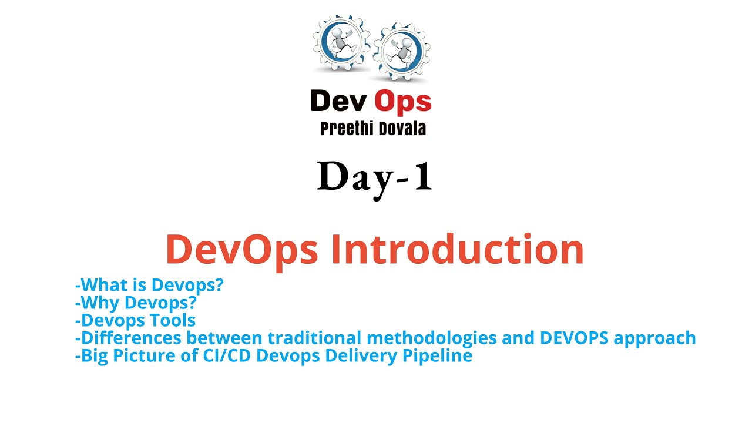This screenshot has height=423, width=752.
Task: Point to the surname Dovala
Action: click(399, 129)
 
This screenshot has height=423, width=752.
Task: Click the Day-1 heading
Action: click(375, 177)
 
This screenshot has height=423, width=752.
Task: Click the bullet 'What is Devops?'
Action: click(150, 286)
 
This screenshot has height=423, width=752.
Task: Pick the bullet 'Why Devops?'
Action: click(136, 303)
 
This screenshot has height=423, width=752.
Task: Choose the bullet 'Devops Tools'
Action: click(136, 321)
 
